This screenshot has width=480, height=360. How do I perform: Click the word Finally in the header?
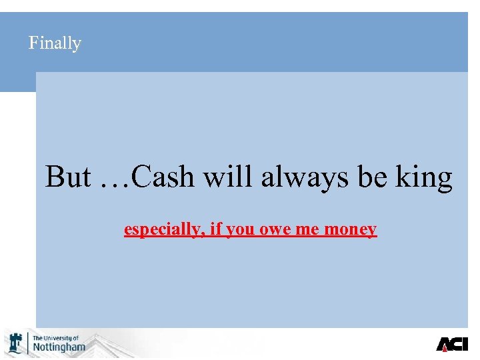(x=55, y=43)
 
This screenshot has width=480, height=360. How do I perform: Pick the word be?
(x=372, y=177)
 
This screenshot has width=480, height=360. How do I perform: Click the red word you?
(x=238, y=230)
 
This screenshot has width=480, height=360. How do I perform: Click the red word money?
(x=351, y=230)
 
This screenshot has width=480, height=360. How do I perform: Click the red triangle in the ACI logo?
(x=445, y=345)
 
